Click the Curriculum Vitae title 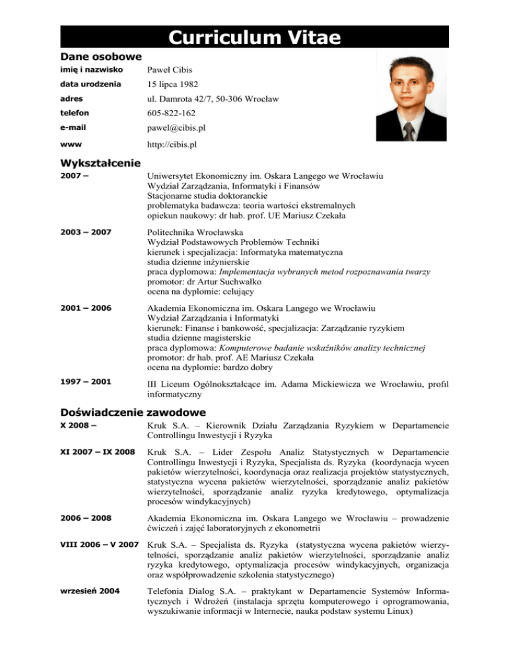253,38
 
